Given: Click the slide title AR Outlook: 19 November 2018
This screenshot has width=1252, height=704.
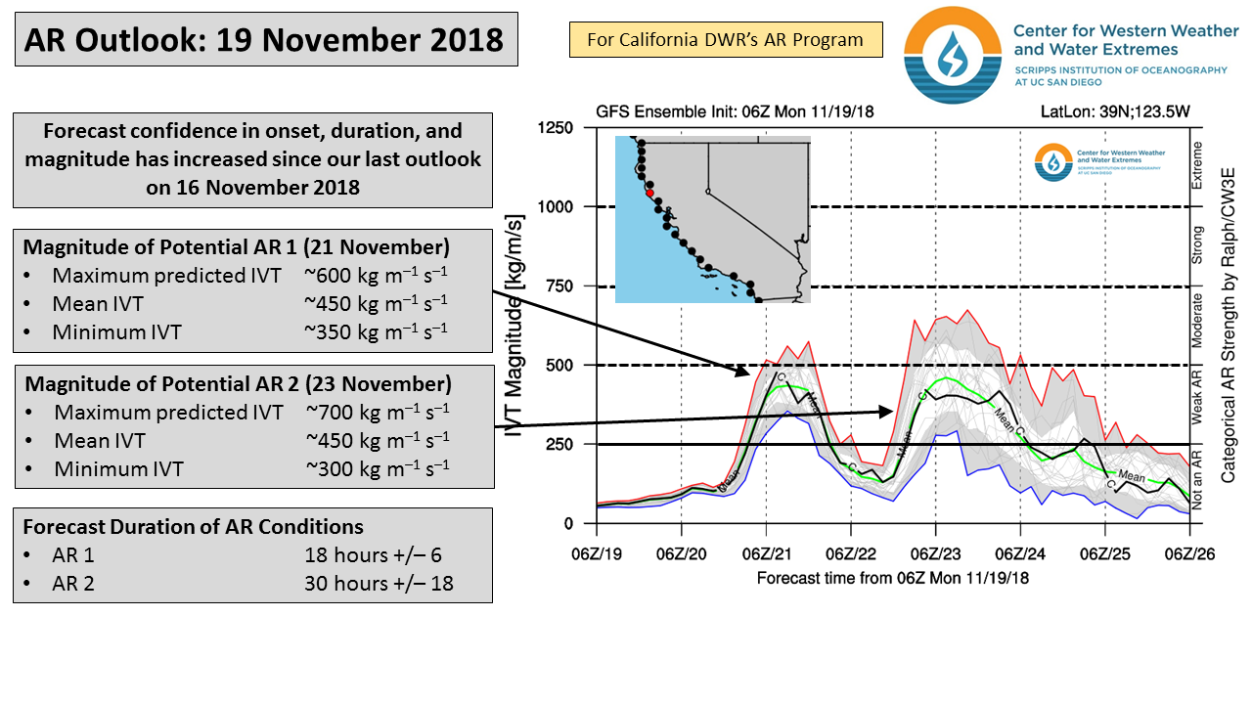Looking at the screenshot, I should (264, 40).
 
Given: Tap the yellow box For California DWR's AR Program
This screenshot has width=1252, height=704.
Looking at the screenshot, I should (725, 40).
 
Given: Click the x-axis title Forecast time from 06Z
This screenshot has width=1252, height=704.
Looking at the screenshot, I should (892, 578).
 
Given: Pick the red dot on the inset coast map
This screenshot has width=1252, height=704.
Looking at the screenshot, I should (649, 193).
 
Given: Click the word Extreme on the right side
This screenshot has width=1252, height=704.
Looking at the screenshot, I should (1197, 165).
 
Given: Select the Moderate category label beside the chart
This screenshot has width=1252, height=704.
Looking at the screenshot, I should (1197, 321).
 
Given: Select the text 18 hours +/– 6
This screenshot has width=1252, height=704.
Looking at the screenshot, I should (373, 555).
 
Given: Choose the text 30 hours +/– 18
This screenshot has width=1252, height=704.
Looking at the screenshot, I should (379, 585).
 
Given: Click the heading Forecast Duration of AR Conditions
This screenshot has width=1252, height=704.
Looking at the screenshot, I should (193, 527).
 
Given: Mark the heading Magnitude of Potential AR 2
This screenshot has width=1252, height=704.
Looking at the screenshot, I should (238, 382).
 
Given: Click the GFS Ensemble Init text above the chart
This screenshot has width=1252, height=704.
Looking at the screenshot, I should (735, 111).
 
